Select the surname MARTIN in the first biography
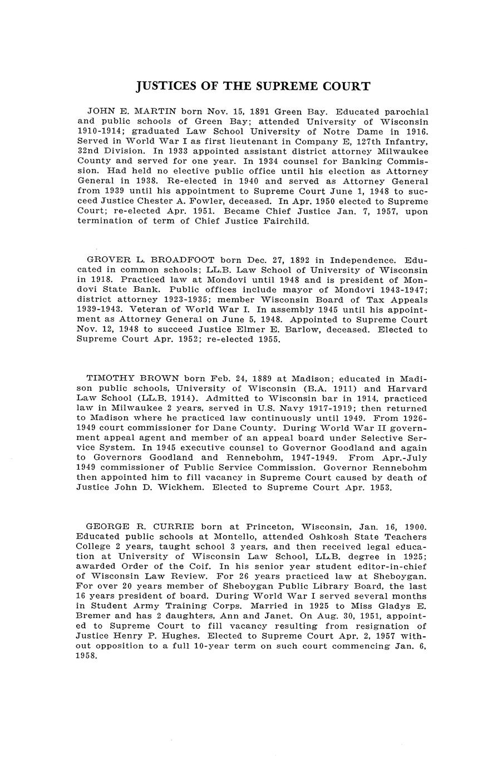point(153,112)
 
